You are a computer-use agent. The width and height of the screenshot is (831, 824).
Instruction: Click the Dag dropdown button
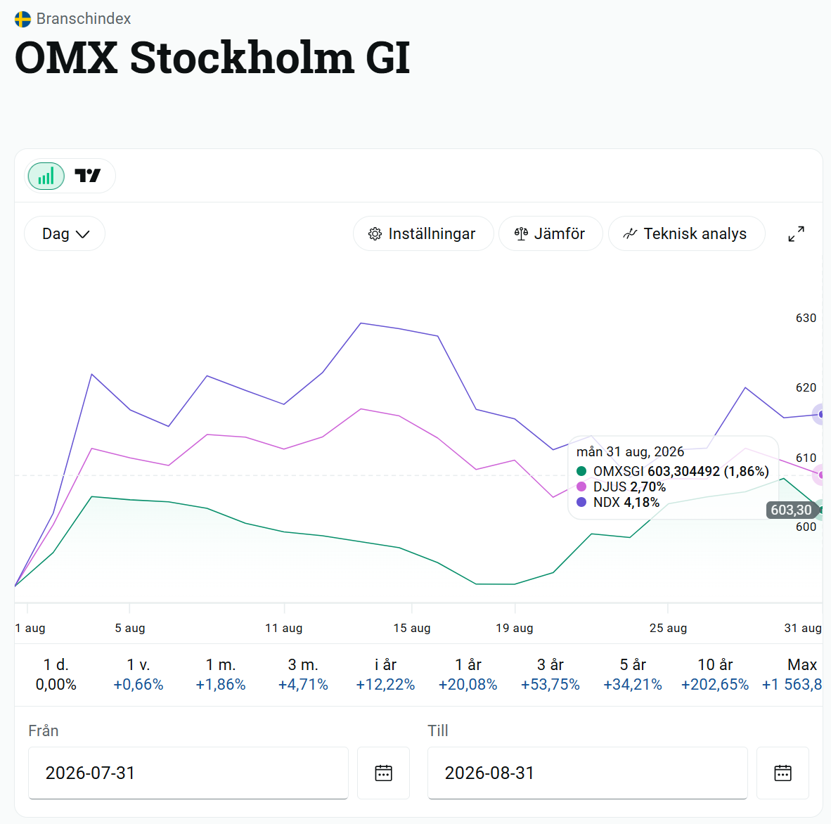tap(65, 233)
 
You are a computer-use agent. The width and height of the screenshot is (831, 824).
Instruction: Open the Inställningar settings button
tap(423, 233)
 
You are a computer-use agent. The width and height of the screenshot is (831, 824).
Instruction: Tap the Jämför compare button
tap(550, 233)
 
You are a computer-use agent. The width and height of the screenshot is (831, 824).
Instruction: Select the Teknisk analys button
tap(686, 233)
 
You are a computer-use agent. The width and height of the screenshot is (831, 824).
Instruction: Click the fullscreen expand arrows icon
tap(796, 233)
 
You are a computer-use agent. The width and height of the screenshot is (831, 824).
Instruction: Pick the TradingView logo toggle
tap(87, 175)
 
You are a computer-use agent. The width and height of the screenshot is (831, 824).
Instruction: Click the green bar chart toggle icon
tap(46, 176)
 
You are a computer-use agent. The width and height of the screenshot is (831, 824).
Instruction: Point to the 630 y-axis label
tap(806, 318)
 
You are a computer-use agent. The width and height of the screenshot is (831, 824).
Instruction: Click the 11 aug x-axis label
tap(283, 628)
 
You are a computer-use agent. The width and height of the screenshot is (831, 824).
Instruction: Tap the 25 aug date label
tap(668, 628)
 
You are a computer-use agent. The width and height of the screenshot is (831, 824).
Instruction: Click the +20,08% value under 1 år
tap(468, 685)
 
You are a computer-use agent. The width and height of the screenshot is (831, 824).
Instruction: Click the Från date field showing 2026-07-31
tap(188, 773)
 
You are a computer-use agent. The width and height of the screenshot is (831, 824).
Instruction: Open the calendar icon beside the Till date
tap(782, 773)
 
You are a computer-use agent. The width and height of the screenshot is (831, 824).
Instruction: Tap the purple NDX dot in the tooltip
tap(581, 502)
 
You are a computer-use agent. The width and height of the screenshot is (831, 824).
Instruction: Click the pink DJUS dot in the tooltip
tap(581, 487)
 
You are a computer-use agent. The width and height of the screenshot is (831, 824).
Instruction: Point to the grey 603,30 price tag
tap(791, 510)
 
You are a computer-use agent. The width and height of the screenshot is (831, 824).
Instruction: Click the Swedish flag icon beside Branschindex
tap(22, 19)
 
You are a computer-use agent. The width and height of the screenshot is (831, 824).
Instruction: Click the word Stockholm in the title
tap(242, 57)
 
